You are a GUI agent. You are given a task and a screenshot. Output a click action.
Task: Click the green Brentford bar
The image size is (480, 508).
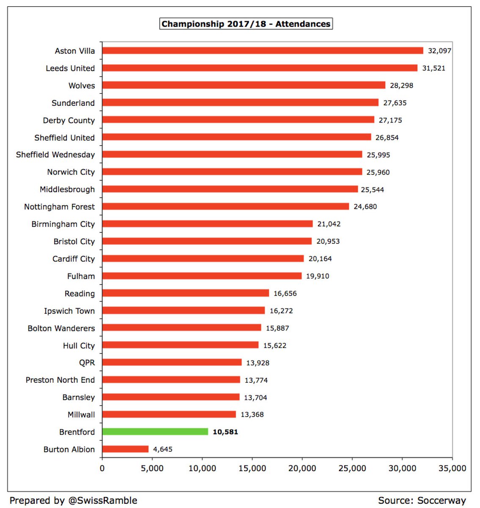155,432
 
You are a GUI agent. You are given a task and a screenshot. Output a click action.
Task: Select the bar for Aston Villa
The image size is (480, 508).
262,51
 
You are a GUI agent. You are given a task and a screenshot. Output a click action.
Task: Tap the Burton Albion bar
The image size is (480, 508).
125,449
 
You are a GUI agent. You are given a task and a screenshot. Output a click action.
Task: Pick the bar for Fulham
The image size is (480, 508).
202,276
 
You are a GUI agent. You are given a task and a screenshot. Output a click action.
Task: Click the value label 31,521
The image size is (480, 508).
433,68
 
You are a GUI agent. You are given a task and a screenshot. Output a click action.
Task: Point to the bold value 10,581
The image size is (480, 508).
225,432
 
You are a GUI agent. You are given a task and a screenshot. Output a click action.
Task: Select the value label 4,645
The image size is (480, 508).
163,449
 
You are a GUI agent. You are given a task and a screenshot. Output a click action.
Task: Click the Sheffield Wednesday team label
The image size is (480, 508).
55,155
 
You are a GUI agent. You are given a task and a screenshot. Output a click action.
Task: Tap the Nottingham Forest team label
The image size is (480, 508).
59,207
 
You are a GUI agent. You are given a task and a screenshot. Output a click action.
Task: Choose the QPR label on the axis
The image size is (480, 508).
87,363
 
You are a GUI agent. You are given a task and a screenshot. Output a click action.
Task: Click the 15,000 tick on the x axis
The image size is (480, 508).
252,468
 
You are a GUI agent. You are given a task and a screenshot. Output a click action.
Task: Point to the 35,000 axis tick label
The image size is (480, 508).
452,468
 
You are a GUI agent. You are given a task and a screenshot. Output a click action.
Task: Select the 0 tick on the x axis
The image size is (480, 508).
102,468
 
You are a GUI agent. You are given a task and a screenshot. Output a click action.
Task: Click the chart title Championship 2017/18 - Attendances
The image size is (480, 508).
246,24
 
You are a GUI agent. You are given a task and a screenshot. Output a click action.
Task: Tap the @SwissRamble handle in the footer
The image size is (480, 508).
102,500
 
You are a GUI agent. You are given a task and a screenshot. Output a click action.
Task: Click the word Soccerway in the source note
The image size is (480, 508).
441,500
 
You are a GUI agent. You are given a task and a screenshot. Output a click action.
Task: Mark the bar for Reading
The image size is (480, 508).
185,293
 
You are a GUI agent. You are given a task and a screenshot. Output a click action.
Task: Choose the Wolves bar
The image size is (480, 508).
244,86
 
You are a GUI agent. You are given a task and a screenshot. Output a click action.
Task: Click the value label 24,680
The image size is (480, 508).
365,207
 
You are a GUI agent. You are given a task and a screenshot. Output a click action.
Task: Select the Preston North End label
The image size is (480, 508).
60,380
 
